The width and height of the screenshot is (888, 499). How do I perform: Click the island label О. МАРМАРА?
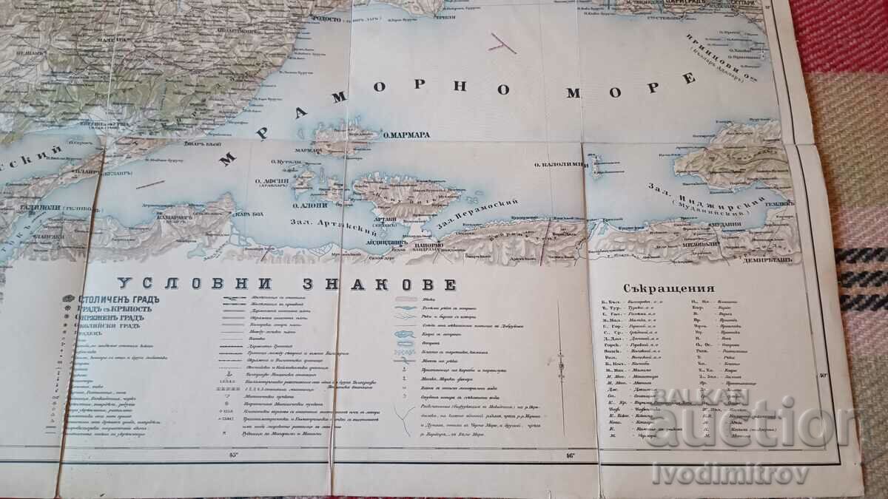point(406,135)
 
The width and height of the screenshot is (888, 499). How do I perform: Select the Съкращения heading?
point(669,289)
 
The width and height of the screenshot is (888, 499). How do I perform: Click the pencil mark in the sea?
point(502,42)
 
